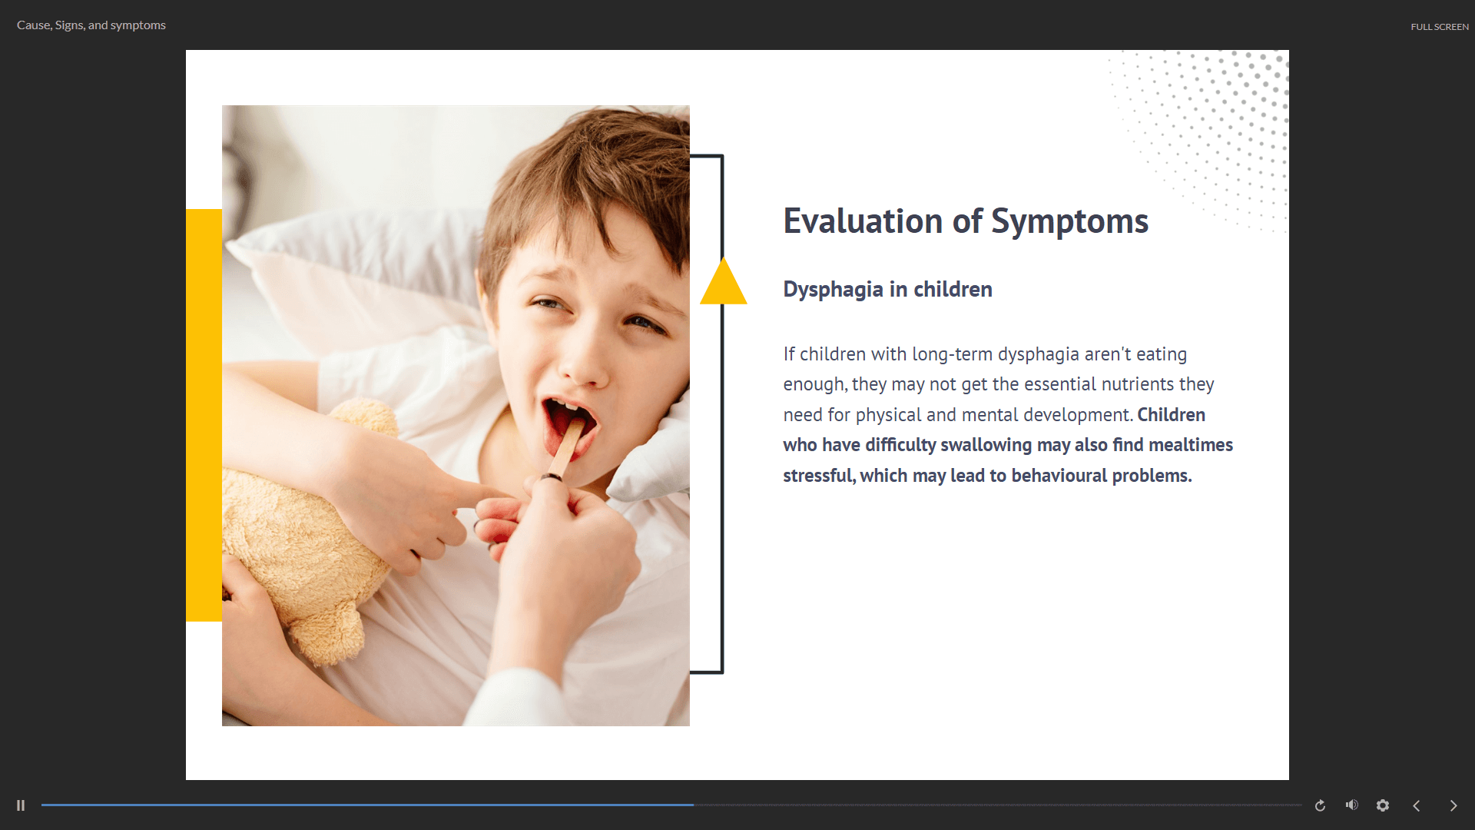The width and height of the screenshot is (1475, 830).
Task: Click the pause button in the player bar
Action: (21, 805)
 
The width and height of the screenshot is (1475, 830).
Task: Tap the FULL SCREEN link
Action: (1439, 27)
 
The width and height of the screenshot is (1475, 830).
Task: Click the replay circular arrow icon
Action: (1320, 805)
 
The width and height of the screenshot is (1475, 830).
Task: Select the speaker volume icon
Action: (1352, 805)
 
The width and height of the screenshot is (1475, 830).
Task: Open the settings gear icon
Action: (1383, 805)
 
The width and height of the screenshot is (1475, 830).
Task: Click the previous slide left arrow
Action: (1417, 805)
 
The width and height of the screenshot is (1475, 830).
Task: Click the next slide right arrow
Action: (1453, 805)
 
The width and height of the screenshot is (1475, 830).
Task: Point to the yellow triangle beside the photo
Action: (723, 284)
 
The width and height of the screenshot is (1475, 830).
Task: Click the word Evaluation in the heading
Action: (863, 221)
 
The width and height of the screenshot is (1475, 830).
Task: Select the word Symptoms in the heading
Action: (1069, 222)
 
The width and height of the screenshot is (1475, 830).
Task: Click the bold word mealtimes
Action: (1191, 445)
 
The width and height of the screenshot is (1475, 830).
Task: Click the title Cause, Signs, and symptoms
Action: (91, 25)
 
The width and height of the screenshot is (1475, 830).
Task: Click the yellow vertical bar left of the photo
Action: (204, 415)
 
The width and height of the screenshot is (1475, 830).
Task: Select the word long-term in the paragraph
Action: (952, 354)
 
